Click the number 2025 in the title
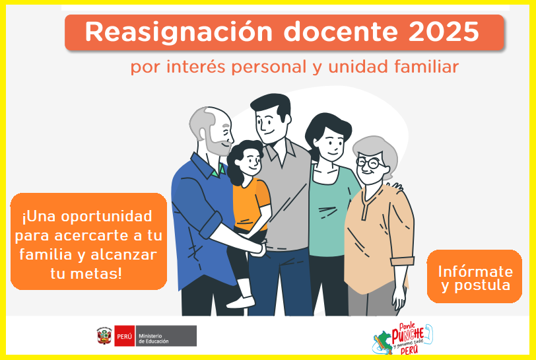click(x=444, y=32)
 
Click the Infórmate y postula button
click(x=475, y=277)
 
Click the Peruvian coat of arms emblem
click(x=104, y=336)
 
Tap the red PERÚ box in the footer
click(x=124, y=336)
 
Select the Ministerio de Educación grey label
click(x=166, y=336)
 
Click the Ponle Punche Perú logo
click(x=403, y=339)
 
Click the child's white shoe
click(x=241, y=301)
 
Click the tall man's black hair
click(x=273, y=105)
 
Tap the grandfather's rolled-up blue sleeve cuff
click(x=211, y=225)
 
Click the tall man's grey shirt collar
click(x=281, y=153)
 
